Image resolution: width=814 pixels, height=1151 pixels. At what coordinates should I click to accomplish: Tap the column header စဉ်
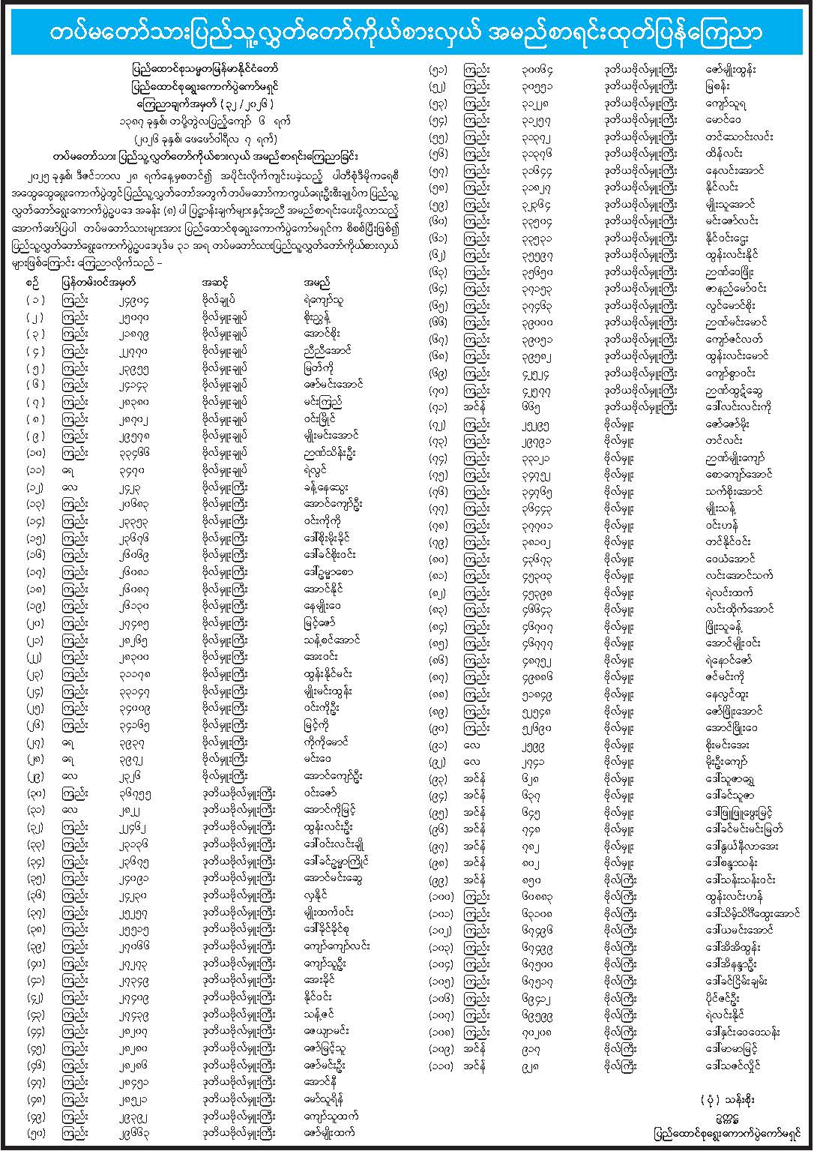click(33, 283)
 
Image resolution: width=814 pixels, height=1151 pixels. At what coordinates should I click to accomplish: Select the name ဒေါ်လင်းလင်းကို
click(738, 407)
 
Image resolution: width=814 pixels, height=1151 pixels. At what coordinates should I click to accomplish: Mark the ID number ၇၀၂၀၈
click(538, 1031)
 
